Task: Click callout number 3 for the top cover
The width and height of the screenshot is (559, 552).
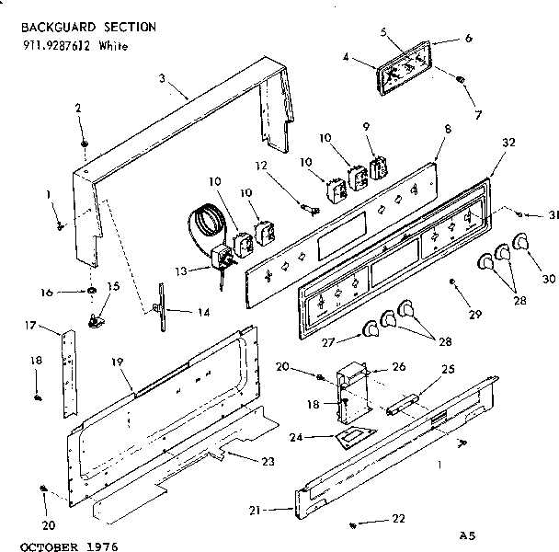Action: point(161,79)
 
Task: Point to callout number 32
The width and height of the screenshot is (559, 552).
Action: point(510,143)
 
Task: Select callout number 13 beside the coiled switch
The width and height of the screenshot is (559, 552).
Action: point(179,270)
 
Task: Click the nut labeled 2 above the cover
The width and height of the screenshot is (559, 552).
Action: point(84,144)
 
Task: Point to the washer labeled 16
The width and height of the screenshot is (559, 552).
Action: point(94,292)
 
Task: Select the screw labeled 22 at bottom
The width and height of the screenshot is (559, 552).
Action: point(353,524)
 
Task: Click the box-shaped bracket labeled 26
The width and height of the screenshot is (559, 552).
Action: point(355,383)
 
